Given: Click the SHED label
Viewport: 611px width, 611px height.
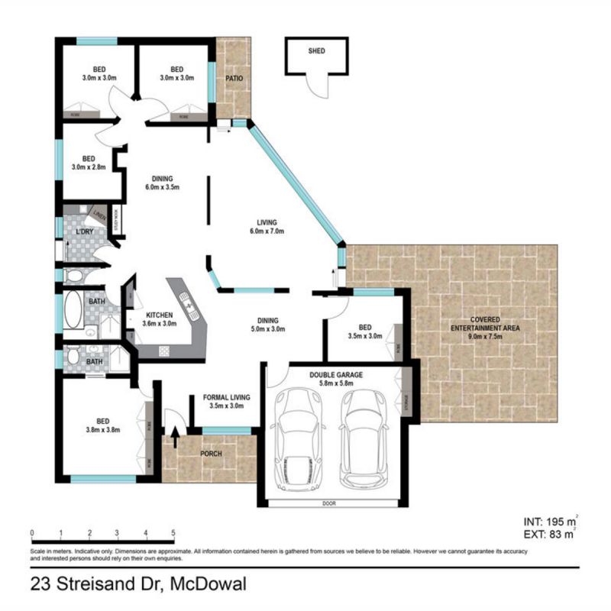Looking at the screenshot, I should pyautogui.click(x=316, y=51).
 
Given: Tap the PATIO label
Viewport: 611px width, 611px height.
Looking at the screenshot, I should pyautogui.click(x=233, y=78).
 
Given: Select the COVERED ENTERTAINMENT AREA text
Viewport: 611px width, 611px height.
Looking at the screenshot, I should pyautogui.click(x=484, y=322).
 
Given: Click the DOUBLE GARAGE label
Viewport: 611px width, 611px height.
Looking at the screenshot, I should pyautogui.click(x=335, y=375).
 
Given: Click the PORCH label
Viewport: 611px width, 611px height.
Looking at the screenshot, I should pyautogui.click(x=210, y=454).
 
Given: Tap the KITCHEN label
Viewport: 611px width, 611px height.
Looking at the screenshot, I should pyautogui.click(x=160, y=315).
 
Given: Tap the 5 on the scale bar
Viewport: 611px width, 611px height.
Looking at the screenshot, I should pyautogui.click(x=174, y=533).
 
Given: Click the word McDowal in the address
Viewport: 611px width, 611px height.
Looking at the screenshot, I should pyautogui.click(x=209, y=587).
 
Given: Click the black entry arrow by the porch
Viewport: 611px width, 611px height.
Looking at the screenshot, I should pyautogui.click(x=175, y=438).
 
